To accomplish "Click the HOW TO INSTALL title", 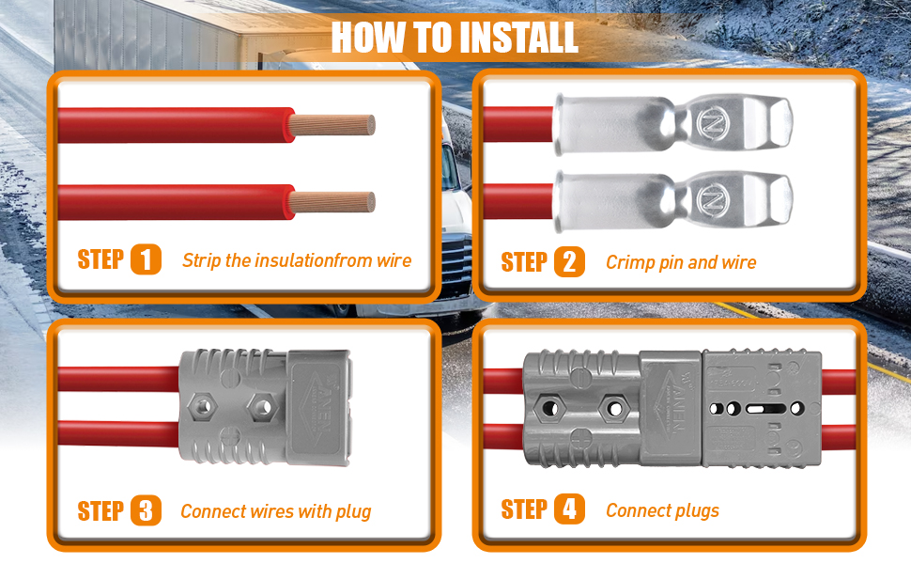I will coord(455,38).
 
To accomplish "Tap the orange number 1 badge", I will coord(146,259).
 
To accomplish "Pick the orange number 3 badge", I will coord(146,510).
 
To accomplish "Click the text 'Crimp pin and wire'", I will coord(681,262).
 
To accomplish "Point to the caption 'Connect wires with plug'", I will coord(276,511).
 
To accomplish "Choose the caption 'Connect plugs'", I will coord(662,510).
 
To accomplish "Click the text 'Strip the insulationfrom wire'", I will coord(297,260).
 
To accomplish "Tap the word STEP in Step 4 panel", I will coord(524,509).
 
